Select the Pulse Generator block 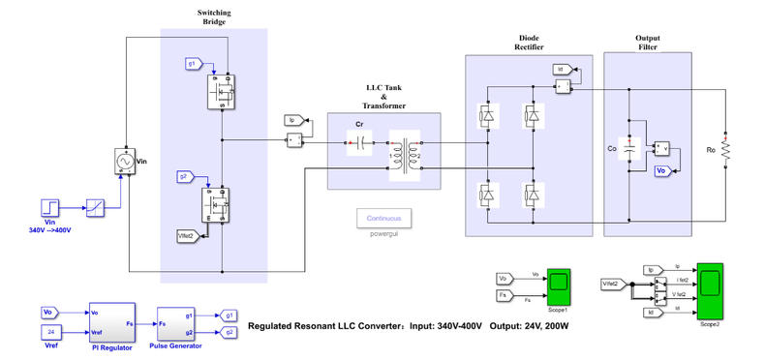tap(176, 322)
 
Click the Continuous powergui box tap(383, 218)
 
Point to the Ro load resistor tap(724, 149)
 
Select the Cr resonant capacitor tap(359, 142)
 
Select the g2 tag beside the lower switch tap(186, 176)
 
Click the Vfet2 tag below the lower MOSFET tap(187, 234)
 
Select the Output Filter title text tap(647, 43)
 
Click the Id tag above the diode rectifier tap(561, 70)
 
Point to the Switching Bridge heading tap(215, 17)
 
